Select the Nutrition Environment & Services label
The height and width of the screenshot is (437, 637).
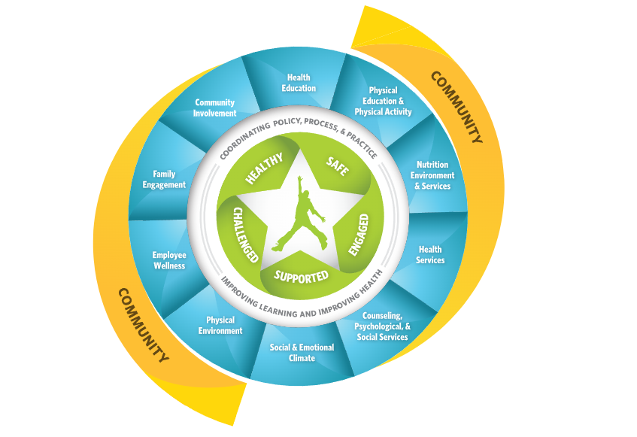pos(432,175)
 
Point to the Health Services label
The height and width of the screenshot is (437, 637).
pos(430,254)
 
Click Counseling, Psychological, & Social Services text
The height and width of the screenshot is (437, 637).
pos(384,326)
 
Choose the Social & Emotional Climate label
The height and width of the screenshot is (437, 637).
pos(302,353)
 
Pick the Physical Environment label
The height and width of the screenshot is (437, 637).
pos(220,326)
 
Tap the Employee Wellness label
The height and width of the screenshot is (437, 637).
pos(168,260)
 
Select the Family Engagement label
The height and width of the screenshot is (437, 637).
pos(164,179)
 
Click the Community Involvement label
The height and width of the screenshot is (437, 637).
pos(214,108)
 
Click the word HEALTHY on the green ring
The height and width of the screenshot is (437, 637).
pos(264,168)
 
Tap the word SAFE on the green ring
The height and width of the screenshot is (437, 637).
pos(337,166)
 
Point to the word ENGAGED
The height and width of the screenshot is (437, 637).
pos(359,234)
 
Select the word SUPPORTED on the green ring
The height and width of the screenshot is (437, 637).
pos(301,275)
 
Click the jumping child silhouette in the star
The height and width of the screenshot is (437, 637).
pos(300,211)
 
